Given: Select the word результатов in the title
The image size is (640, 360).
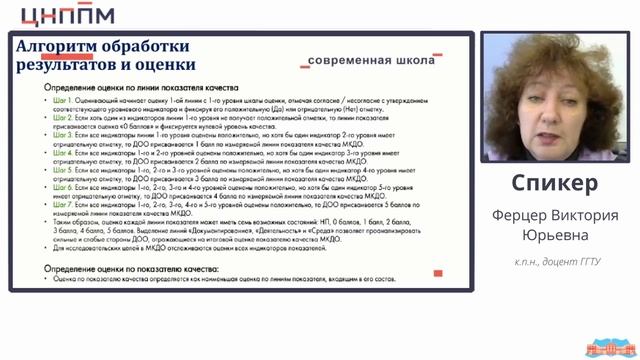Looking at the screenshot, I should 66,66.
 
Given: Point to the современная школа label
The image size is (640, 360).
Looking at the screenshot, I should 371,61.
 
